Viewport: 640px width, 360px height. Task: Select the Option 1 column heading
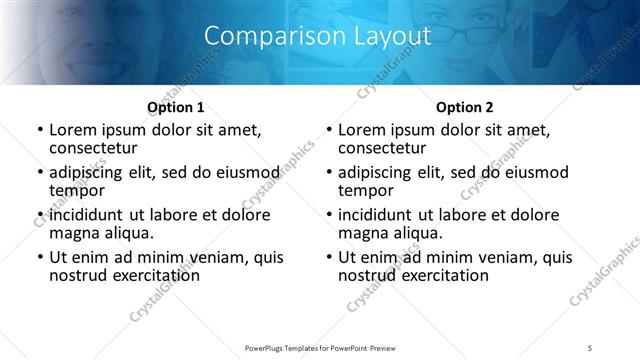pyautogui.click(x=176, y=106)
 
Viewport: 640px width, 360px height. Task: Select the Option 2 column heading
pyautogui.click(x=465, y=106)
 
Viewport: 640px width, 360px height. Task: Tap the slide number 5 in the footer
pyautogui.click(x=590, y=347)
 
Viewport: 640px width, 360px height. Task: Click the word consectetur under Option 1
pyautogui.click(x=92, y=148)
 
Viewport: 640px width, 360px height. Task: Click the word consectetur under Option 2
pyautogui.click(x=381, y=148)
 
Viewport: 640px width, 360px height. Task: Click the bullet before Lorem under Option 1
pyautogui.click(x=40, y=131)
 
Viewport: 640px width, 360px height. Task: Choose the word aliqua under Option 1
pyautogui.click(x=124, y=233)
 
